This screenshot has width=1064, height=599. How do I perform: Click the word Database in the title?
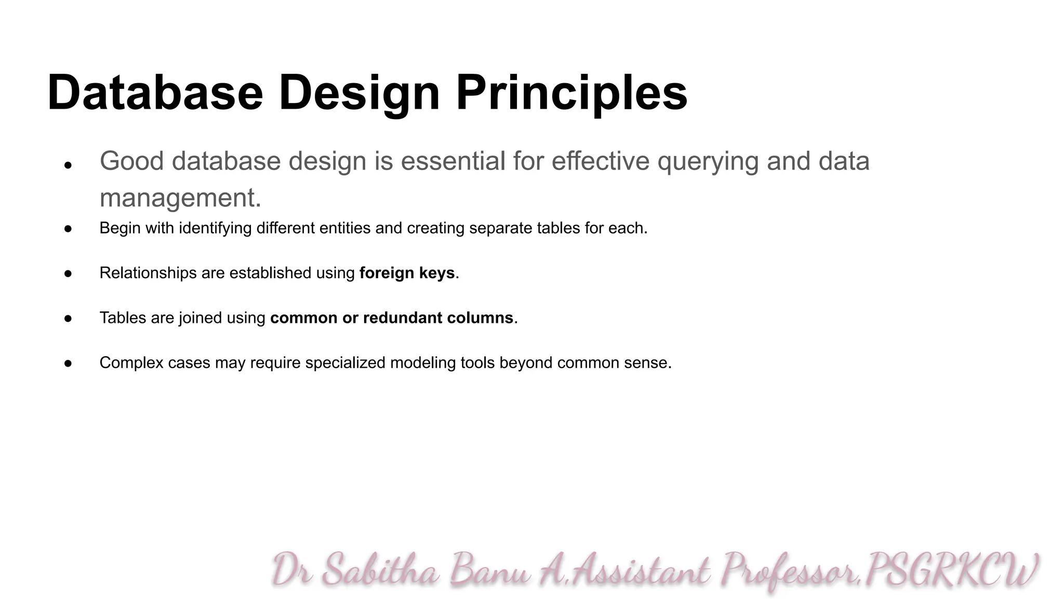coord(155,93)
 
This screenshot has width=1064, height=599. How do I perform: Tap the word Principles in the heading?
coord(572,93)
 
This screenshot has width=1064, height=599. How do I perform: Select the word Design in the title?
coord(360,93)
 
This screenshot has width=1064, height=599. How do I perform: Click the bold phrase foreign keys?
coord(407,273)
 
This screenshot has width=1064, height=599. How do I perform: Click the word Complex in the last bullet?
coord(131,363)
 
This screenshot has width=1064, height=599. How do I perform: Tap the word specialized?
coord(345,363)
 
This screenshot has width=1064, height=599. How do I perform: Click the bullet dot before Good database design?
coord(68,166)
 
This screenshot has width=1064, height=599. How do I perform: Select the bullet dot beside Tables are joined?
coord(68,318)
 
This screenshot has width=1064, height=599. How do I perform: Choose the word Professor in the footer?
coord(790,572)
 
